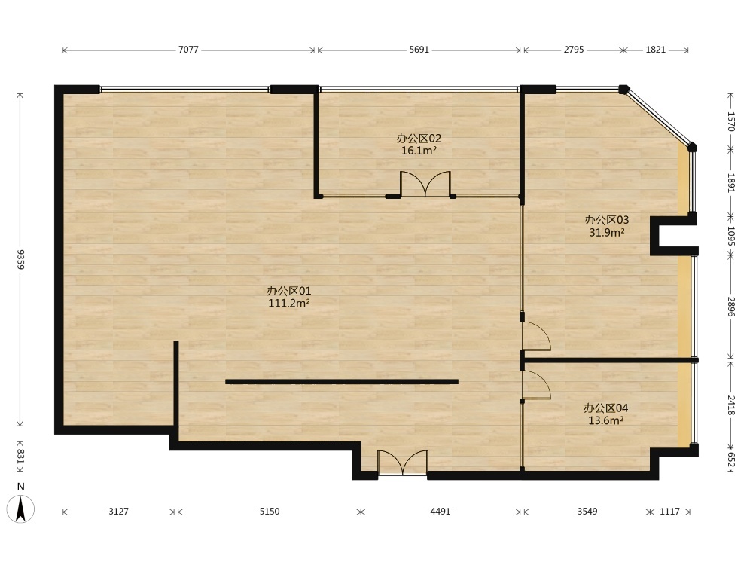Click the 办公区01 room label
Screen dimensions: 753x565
pos(289,291)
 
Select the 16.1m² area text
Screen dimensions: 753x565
pos(419,151)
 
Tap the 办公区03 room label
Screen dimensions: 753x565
pos(606,220)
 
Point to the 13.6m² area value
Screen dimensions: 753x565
pos(606,420)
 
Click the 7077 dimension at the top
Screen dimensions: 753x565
pos(188,50)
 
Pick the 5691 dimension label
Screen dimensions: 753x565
pos(419,50)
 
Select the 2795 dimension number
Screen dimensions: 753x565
pos(574,50)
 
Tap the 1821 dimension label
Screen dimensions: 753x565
pos(656,50)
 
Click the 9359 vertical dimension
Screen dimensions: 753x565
pos(20,259)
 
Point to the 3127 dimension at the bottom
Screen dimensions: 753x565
pos(118,512)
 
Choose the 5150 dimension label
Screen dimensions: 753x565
pos(270,512)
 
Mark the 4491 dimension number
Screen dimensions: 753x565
pos(440,512)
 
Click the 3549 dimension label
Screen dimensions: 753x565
pos(587,512)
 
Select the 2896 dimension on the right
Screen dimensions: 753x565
pos(731,307)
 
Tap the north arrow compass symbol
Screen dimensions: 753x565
pos(20,508)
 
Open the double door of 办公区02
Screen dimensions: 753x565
pos(425,184)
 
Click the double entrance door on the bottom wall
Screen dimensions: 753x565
pos(402,463)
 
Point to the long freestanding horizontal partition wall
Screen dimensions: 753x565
pos(342,382)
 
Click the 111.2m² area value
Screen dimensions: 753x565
pos(289,303)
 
